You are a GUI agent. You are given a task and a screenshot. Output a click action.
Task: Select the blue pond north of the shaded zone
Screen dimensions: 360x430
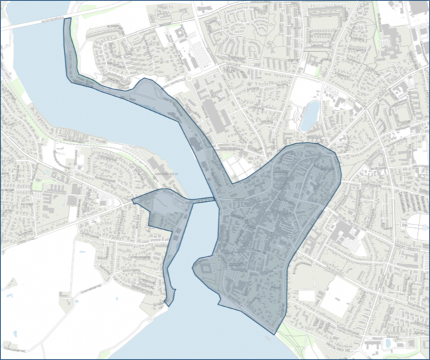pos(310,115)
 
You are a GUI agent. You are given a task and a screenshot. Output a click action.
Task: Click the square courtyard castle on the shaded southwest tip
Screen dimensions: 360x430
pos(205,269)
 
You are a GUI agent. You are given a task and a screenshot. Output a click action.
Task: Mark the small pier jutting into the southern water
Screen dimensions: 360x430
pos(273,336)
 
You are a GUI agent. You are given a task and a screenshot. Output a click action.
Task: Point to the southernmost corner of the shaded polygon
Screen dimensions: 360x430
pos(274,333)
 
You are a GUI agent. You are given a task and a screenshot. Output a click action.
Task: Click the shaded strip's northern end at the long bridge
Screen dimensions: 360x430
pos(67,20)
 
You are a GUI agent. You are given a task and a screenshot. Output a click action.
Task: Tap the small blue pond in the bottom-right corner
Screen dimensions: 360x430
pos(387,343)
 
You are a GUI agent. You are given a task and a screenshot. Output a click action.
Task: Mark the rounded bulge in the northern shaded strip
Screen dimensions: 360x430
pos(149,90)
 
